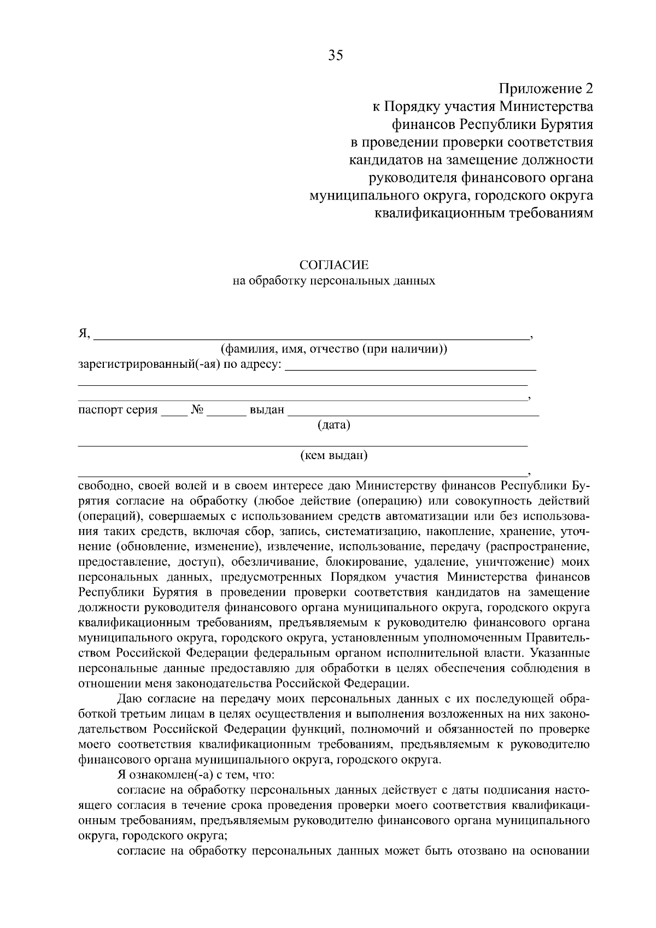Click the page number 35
coord(335,55)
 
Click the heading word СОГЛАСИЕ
coord(334,265)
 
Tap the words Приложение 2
coord(546,88)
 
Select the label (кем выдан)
coord(334,455)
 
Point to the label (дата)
coord(333,425)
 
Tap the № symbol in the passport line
coord(197,410)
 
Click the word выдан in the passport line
coord(267,410)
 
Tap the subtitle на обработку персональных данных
coord(334,281)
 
